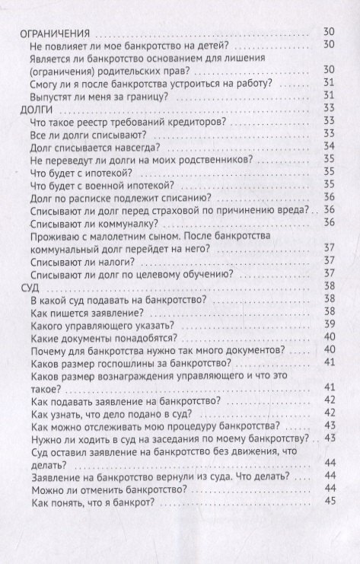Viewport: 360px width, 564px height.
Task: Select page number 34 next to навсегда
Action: click(x=330, y=146)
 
